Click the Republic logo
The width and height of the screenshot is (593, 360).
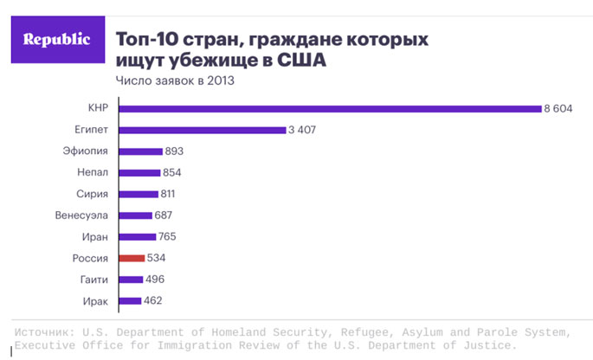(x=55, y=40)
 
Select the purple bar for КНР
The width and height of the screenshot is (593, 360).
(x=330, y=108)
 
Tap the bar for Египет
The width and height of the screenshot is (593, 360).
(x=202, y=130)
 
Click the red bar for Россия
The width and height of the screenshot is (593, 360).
(x=131, y=258)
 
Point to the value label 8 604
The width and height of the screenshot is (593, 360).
(x=559, y=108)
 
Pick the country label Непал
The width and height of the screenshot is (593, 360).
(x=90, y=172)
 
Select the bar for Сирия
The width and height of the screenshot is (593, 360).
(x=139, y=194)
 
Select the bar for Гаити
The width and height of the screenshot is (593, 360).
(x=131, y=280)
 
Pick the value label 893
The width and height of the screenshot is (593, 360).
(x=174, y=151)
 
